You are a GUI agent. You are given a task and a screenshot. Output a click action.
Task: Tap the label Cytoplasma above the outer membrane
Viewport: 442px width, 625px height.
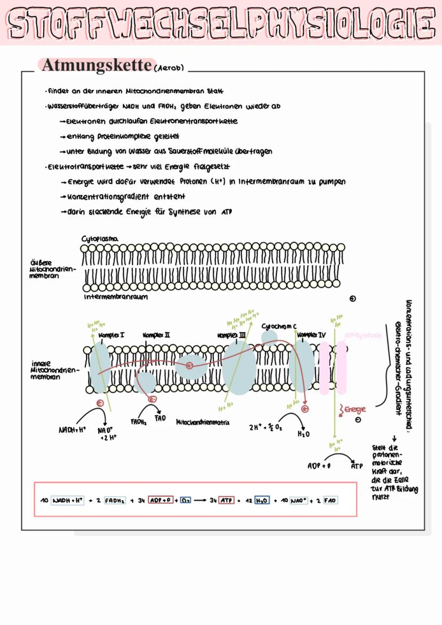coord(100,238)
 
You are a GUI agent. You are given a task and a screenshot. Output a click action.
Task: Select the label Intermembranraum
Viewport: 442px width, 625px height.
coord(116,296)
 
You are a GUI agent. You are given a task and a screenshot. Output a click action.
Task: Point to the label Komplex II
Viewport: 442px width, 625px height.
coord(156,335)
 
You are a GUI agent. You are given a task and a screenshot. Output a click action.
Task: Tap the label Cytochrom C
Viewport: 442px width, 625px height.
coord(279,325)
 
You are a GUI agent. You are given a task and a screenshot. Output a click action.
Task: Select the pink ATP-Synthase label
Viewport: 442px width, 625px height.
coord(363,335)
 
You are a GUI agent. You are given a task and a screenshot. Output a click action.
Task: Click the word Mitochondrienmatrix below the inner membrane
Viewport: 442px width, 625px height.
coord(203,422)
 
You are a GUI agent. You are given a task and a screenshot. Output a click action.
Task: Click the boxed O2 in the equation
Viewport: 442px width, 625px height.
coord(185,501)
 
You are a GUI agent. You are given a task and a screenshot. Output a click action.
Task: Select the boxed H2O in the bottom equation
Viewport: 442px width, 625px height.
coord(262,501)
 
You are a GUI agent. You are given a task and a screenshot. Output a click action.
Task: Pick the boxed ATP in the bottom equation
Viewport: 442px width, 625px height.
coord(226,501)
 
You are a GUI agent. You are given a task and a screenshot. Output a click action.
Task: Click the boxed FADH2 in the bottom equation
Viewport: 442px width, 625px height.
coord(114,501)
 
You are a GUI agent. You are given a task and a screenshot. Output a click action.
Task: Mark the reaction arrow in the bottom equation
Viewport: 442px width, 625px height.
coord(201,501)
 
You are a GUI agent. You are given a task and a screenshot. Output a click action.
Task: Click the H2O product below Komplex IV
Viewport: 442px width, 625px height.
coord(304,434)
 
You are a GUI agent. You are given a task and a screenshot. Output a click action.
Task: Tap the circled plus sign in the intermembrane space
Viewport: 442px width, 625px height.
coord(352,299)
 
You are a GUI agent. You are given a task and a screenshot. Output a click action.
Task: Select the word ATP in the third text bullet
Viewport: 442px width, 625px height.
coord(227,212)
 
